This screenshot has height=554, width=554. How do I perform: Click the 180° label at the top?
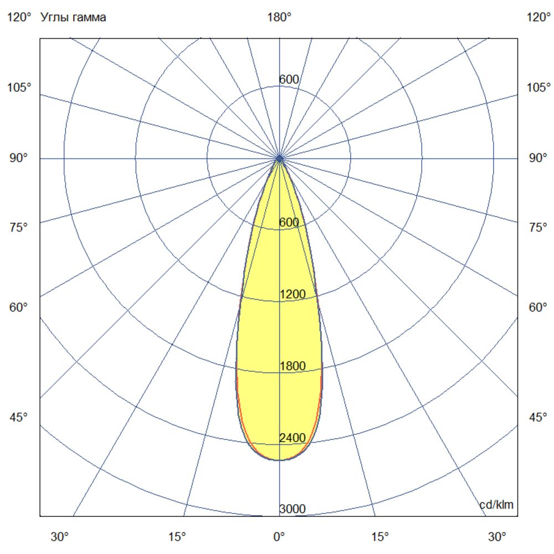(279, 17)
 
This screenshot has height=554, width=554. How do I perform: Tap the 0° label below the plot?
(279, 536)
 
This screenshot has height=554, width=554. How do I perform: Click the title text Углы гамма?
(74, 17)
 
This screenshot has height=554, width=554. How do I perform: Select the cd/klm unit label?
(496, 505)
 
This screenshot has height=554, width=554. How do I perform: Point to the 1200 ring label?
(293, 294)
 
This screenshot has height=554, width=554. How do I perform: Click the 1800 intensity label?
(293, 366)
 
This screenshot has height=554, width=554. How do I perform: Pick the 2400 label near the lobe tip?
(292, 438)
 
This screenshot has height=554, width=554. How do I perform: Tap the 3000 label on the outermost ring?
(292, 510)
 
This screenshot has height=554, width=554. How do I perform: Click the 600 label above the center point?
(289, 80)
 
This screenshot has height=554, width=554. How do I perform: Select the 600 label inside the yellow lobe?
(289, 222)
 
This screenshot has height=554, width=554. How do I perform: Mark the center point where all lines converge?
(279, 158)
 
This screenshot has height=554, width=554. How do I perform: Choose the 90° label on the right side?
(538, 158)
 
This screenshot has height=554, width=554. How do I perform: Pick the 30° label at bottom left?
(60, 536)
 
